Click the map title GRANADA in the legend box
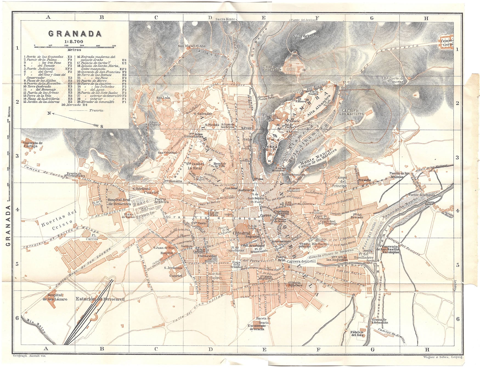point(75,34)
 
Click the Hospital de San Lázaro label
point(55,297)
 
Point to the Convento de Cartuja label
point(33,145)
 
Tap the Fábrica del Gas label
point(357,334)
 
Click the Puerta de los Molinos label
point(399,175)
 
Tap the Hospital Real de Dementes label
point(120,202)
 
